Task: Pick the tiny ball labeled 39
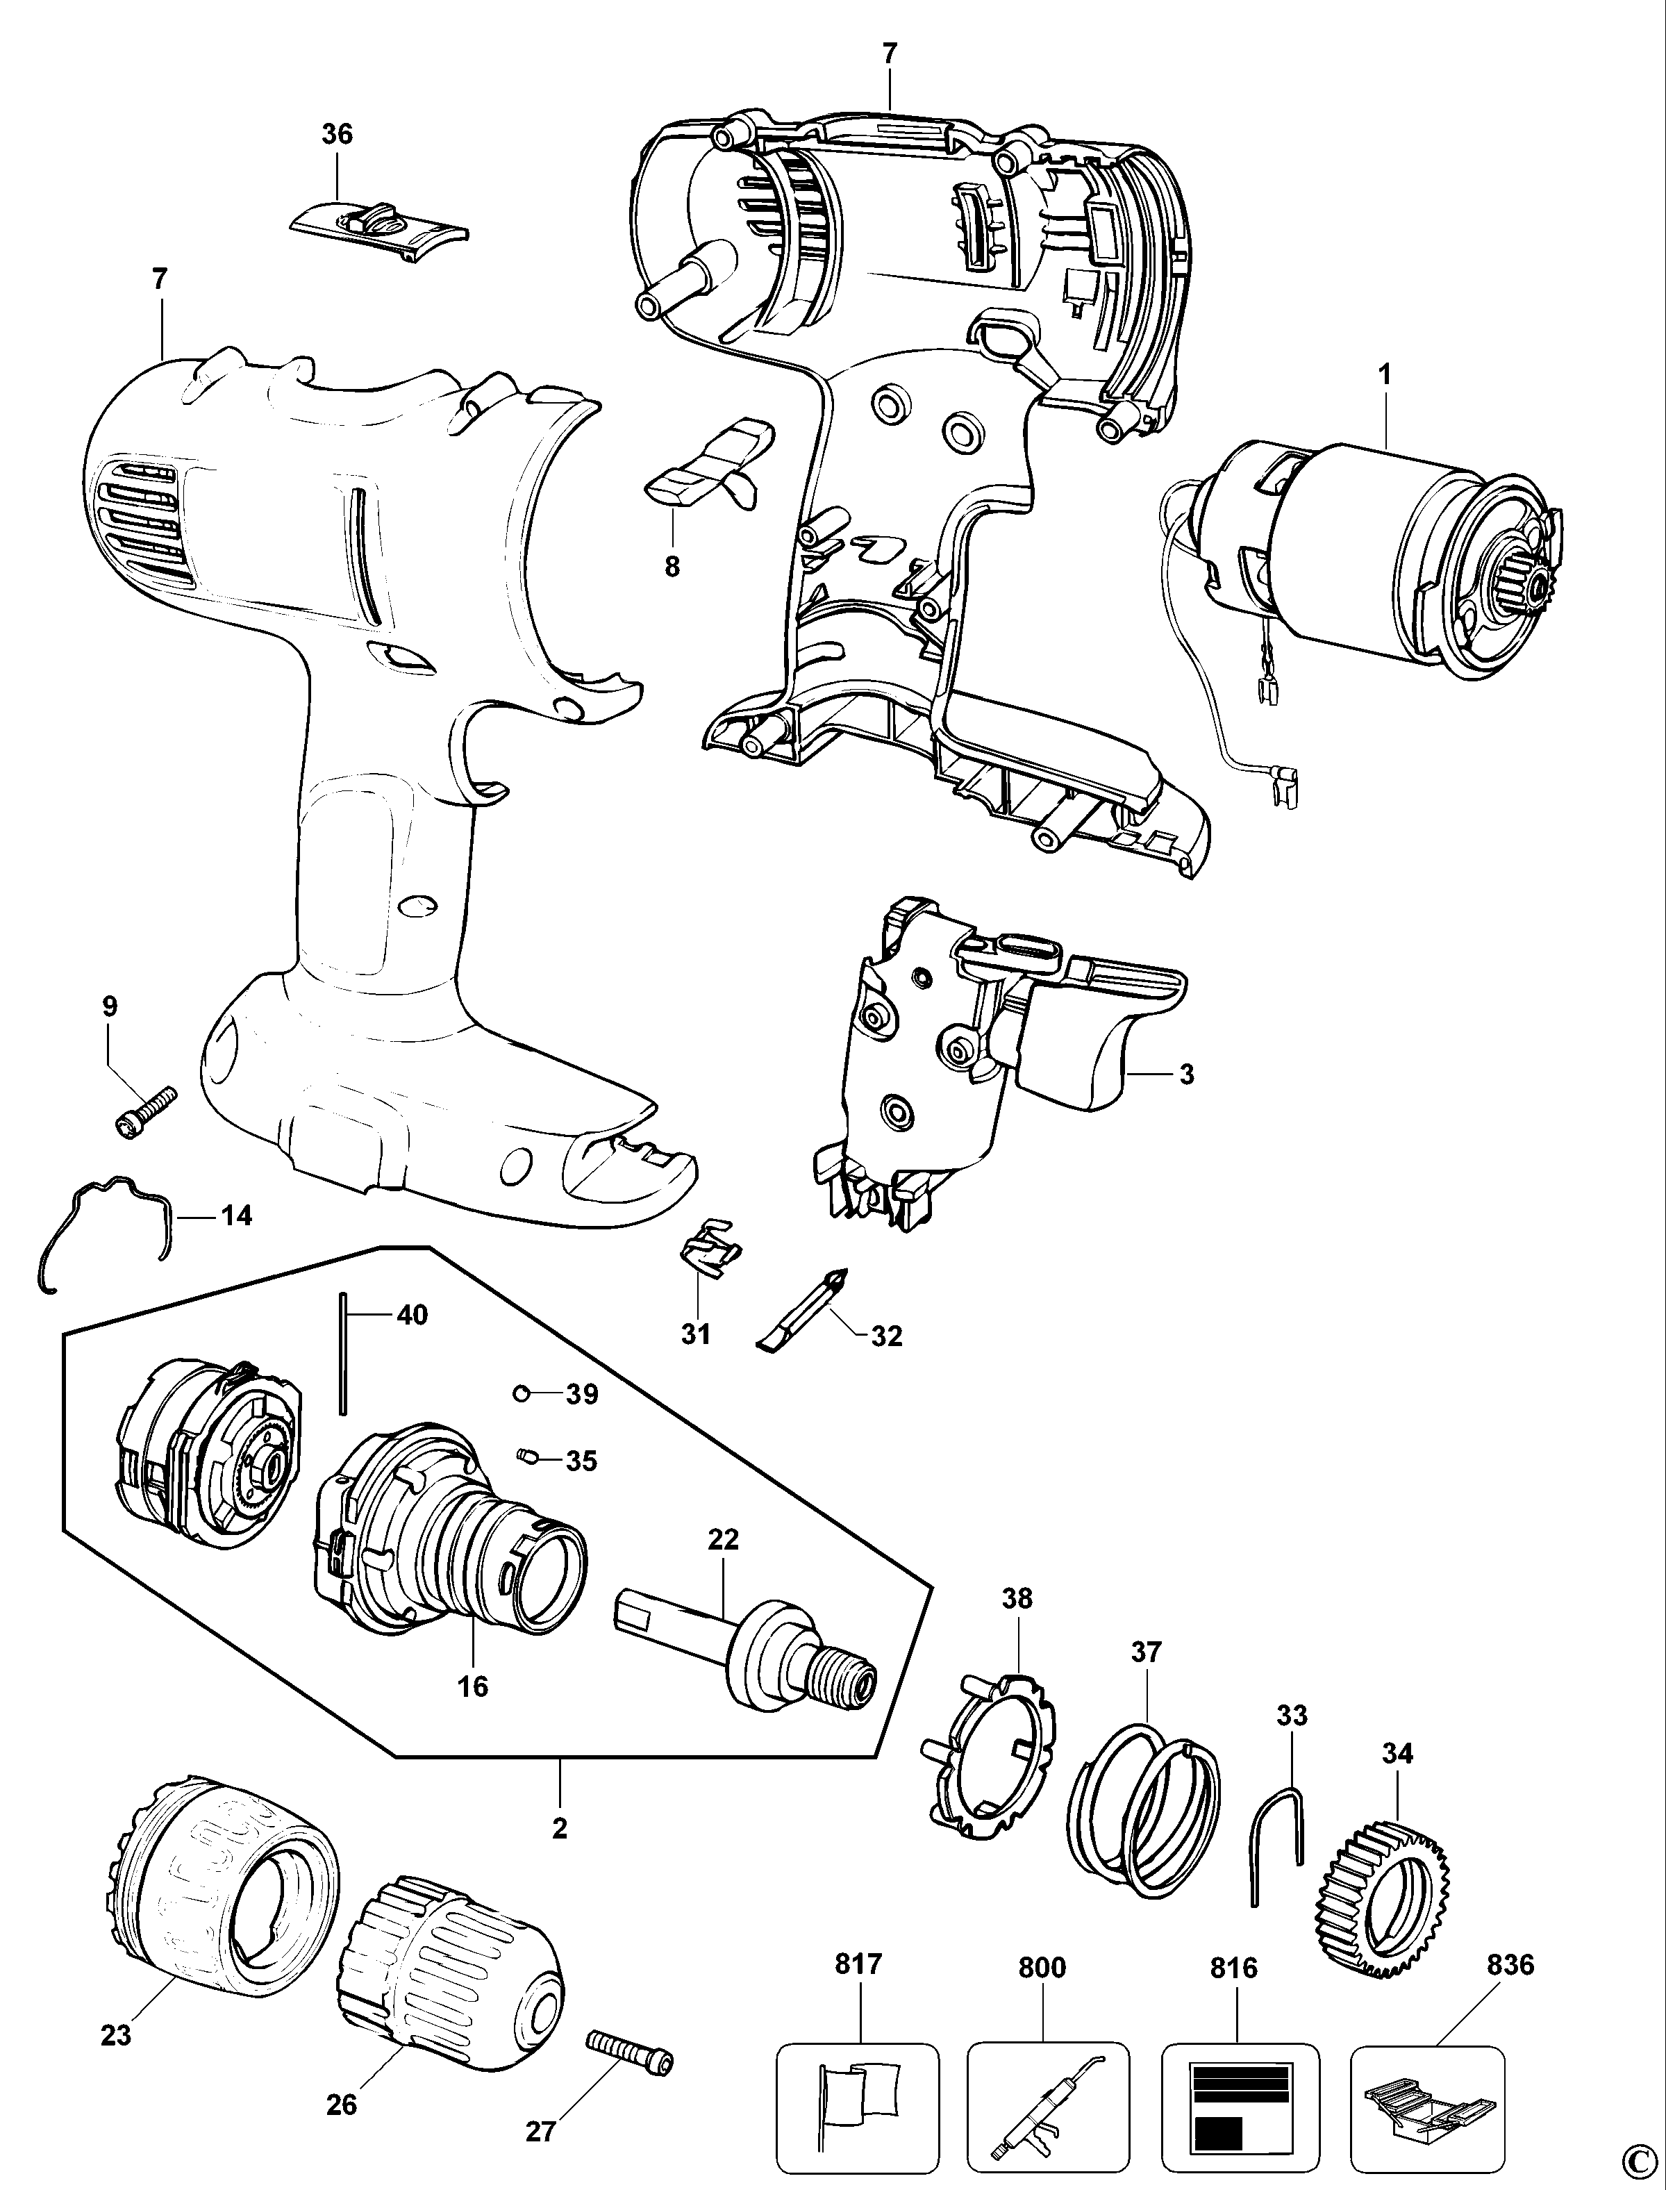(521, 1393)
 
